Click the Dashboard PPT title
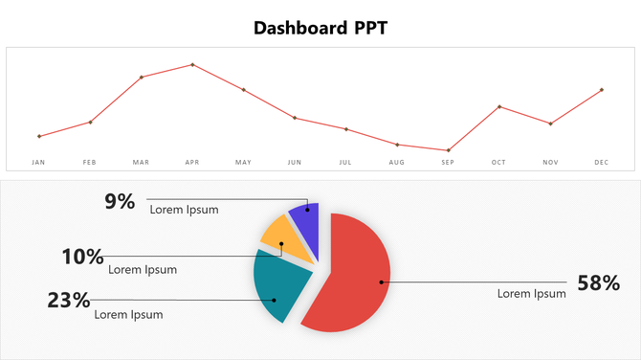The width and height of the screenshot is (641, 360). [320, 27]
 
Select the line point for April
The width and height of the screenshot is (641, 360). [192, 65]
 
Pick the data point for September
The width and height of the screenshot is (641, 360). [448, 150]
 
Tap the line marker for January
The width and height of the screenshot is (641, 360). [39, 136]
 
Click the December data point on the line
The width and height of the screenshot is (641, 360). [601, 90]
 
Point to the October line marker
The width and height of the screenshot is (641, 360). [499, 106]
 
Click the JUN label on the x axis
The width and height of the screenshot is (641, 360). [295, 163]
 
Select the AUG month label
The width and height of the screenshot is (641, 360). [397, 163]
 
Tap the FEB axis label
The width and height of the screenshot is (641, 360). [90, 163]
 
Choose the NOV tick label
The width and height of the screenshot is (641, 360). [550, 163]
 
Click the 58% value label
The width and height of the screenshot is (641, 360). [598, 283]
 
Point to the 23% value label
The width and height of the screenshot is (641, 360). [69, 301]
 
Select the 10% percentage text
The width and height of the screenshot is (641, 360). [82, 257]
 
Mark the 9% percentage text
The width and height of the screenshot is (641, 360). [120, 201]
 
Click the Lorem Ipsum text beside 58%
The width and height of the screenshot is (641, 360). [531, 294]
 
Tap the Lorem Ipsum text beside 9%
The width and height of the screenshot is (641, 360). [184, 210]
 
